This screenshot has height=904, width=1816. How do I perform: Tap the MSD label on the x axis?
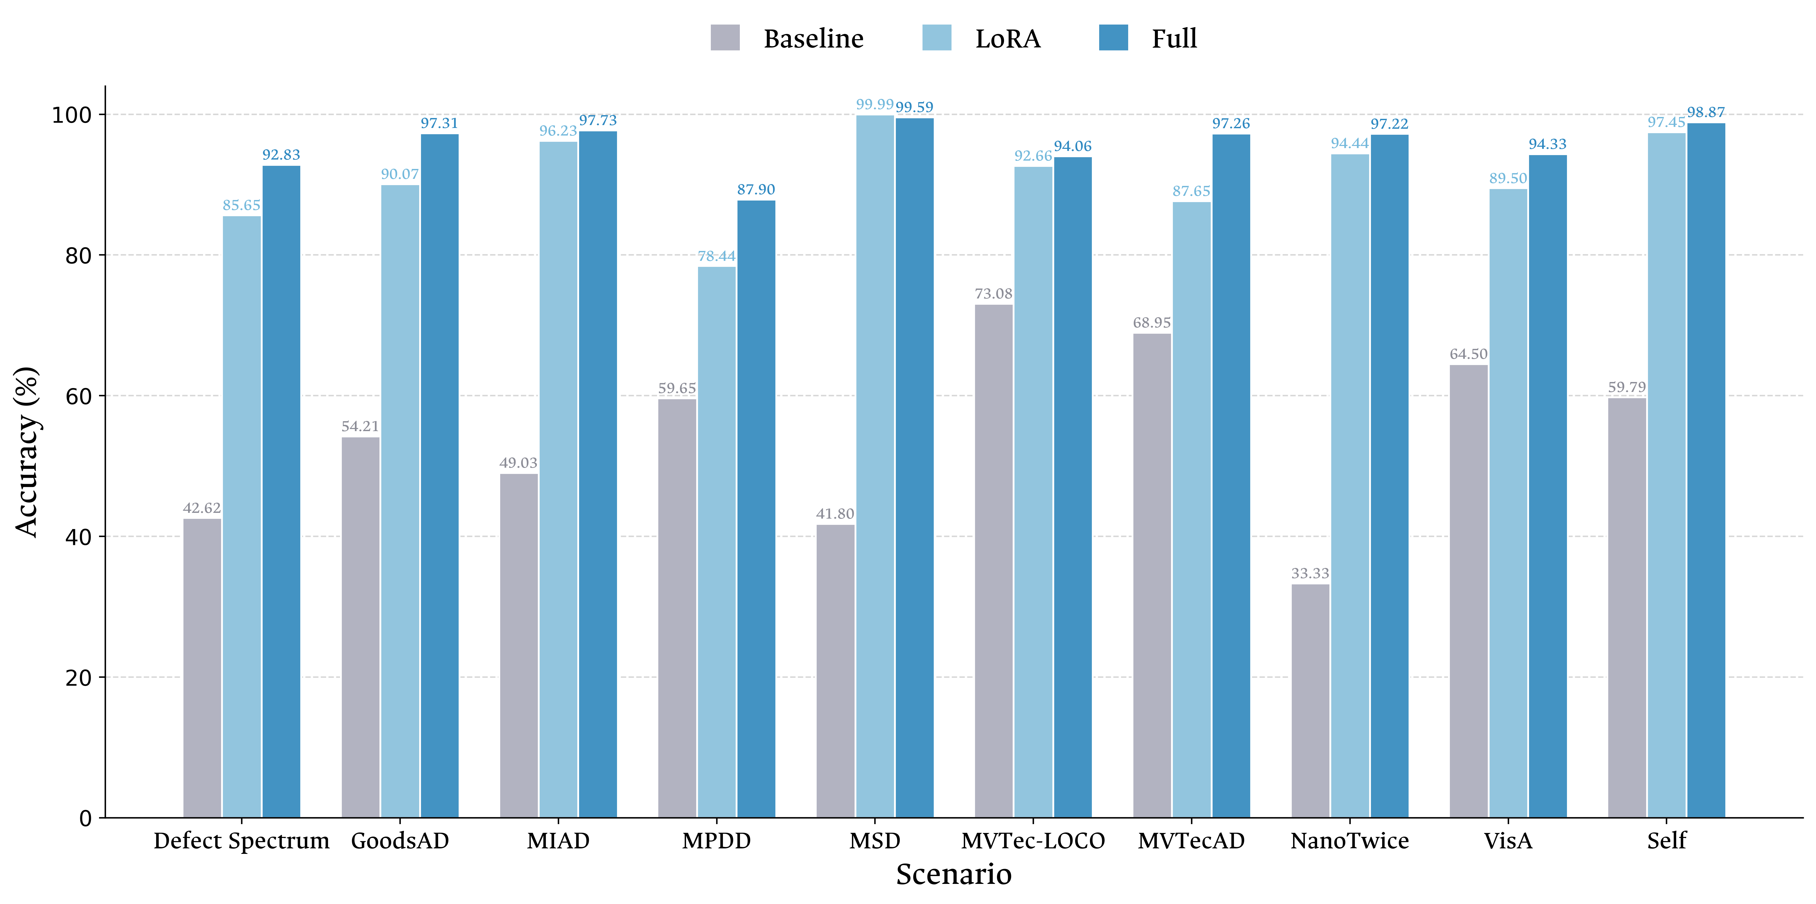[875, 841]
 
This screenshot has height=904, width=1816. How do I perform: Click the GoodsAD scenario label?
[400, 841]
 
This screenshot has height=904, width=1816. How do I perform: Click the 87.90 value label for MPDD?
[756, 190]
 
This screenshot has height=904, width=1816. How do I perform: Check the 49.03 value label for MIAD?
[518, 463]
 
